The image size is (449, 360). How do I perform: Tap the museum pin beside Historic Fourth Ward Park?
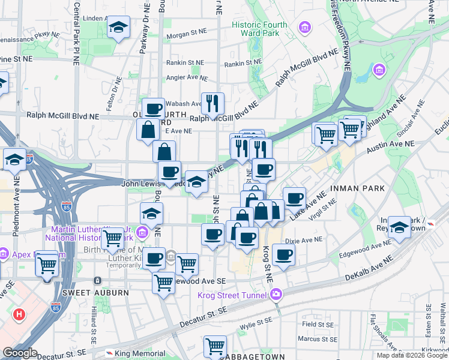tap(305, 27)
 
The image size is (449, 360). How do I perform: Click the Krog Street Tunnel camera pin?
tap(276, 294)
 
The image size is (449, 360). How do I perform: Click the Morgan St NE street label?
tap(187, 35)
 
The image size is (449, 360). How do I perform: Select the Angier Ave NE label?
tap(186, 77)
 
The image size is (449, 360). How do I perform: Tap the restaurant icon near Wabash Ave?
tap(212, 103)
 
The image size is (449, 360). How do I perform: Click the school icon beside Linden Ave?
tap(118, 27)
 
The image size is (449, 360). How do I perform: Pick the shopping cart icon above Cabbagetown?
tap(214, 346)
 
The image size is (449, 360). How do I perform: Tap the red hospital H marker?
tap(20, 313)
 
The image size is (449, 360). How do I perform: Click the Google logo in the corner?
tap(19, 353)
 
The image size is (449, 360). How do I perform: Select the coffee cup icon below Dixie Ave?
tap(283, 255)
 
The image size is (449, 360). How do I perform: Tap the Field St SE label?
tap(318, 324)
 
